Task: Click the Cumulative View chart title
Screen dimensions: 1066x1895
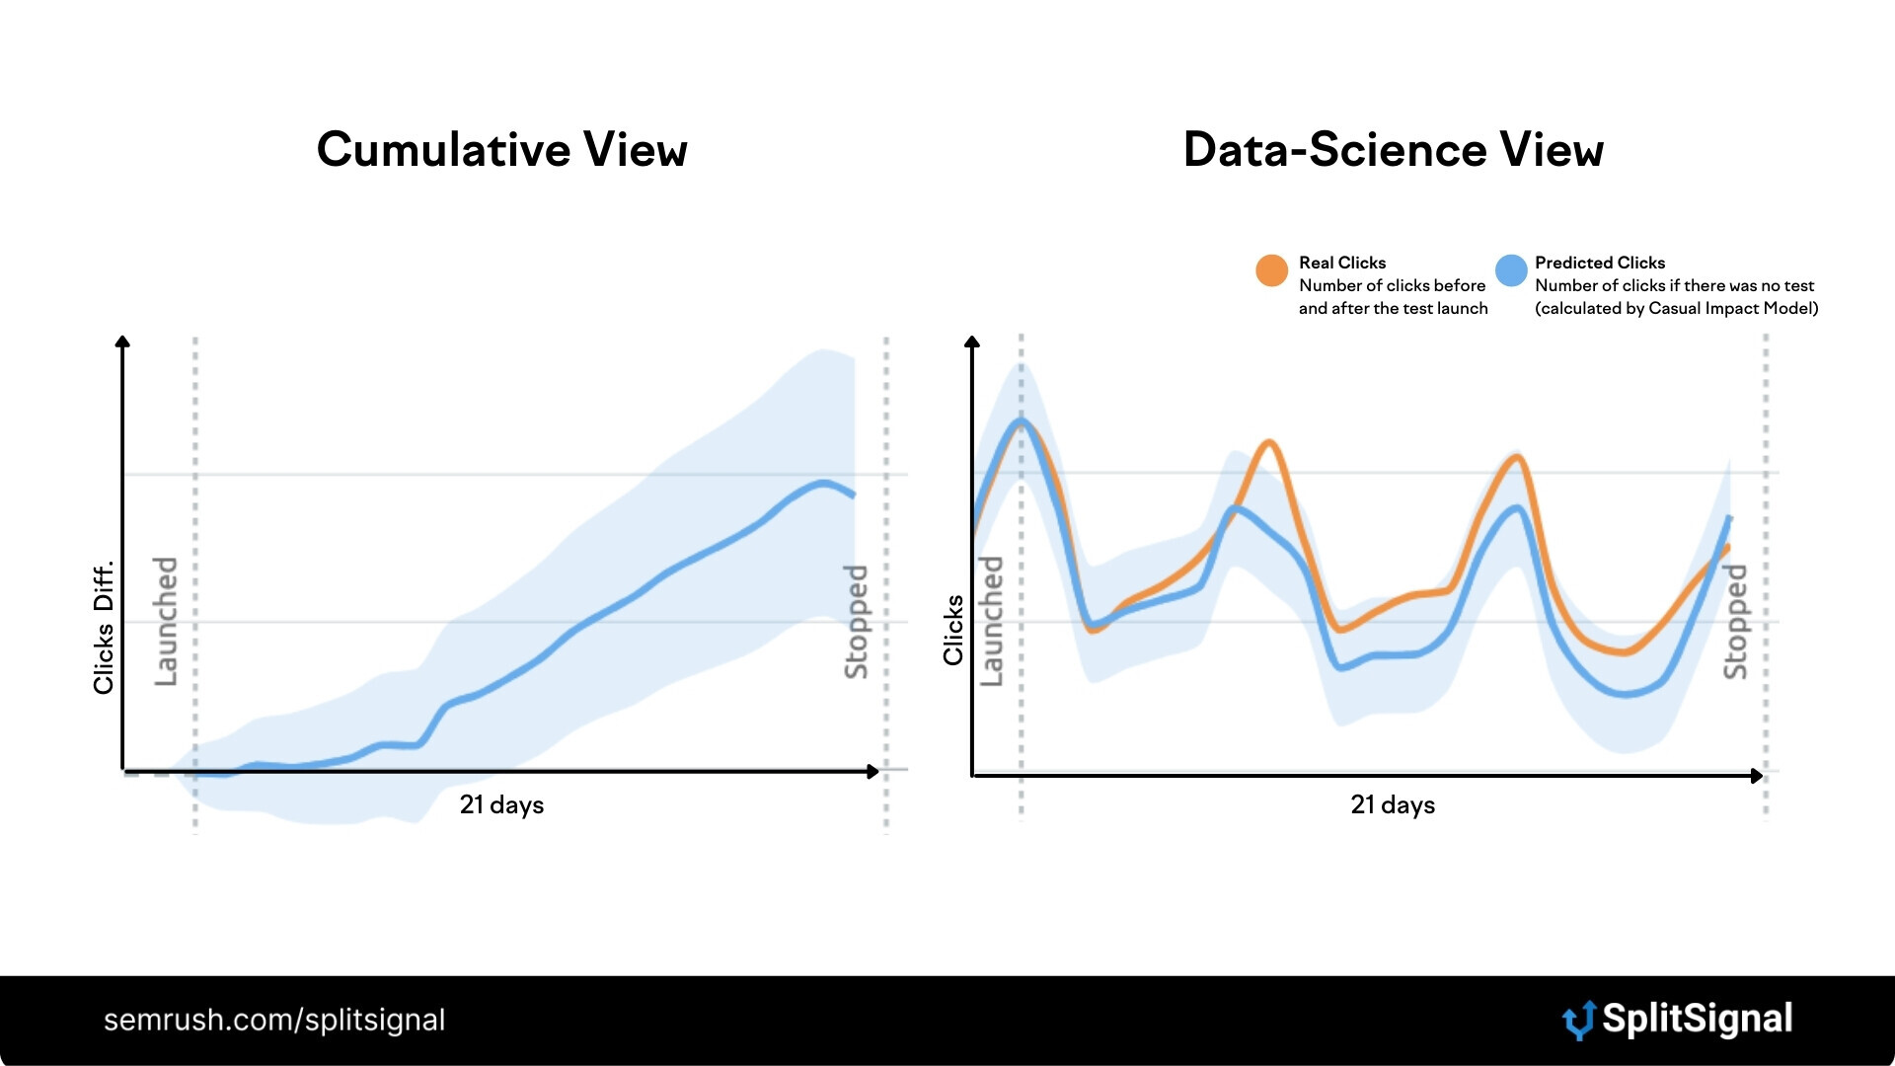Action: [x=501, y=150]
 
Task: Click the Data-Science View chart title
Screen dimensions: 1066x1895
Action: [x=1393, y=150]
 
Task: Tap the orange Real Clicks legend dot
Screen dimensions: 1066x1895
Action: [x=1271, y=270]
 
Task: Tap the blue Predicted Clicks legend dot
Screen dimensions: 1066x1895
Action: [x=1510, y=270]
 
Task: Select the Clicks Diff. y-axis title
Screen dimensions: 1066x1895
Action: [x=104, y=628]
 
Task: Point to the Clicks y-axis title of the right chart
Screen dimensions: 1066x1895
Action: [x=953, y=630]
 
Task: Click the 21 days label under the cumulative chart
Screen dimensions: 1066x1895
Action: [x=501, y=805]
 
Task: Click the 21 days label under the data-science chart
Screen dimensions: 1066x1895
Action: [x=1393, y=805]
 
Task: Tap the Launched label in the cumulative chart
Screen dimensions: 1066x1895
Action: [x=166, y=622]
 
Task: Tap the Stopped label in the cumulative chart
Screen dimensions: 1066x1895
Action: [x=856, y=622]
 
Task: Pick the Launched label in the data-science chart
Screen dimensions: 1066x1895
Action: [x=991, y=622]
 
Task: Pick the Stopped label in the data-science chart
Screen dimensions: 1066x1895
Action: [x=1735, y=622]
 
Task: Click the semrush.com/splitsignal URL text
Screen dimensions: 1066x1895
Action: [x=274, y=1020]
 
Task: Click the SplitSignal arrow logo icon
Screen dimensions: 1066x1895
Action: [x=1579, y=1021]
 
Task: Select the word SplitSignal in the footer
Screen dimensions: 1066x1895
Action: [x=1697, y=1019]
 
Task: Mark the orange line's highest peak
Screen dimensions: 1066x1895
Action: [x=1269, y=442]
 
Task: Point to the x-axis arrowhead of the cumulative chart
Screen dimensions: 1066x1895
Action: [x=872, y=771]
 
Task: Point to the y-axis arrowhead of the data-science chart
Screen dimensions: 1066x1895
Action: [x=972, y=342]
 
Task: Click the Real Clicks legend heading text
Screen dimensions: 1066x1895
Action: [x=1342, y=263]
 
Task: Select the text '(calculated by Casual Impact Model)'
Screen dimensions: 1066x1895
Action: [x=1676, y=308]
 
